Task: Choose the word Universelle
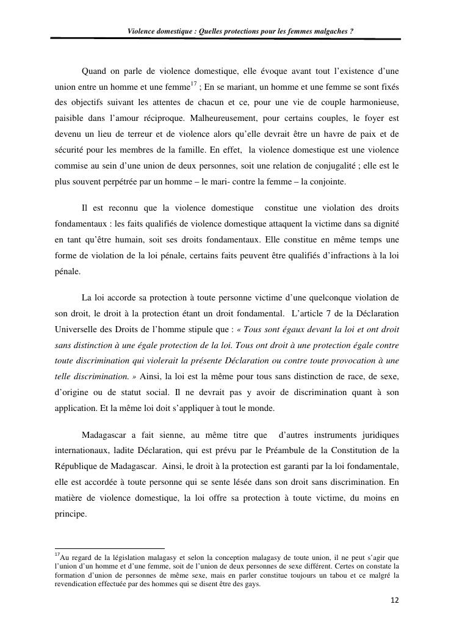coord(73,331)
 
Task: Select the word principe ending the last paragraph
coord(70,515)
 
